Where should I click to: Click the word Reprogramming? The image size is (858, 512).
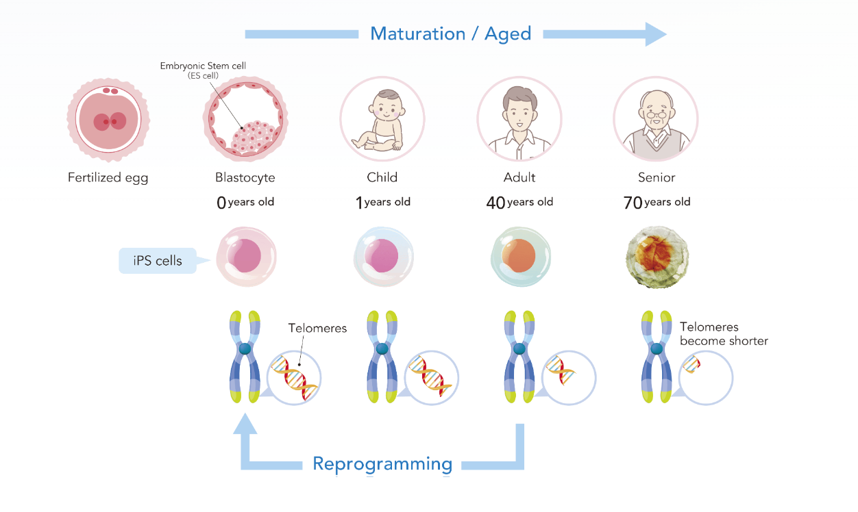click(x=382, y=464)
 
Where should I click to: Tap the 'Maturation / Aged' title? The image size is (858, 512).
click(x=450, y=34)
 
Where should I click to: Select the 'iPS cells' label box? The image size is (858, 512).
click(x=158, y=260)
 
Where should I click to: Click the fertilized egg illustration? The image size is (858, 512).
click(x=108, y=120)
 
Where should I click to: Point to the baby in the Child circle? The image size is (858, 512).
click(x=380, y=120)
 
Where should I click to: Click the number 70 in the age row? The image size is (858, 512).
click(x=633, y=203)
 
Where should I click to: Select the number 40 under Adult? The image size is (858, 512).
click(x=495, y=203)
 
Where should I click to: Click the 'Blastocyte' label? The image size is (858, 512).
click(x=245, y=177)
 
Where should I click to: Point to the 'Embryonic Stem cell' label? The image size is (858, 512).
click(x=203, y=66)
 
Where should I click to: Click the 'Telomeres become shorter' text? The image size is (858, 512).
click(x=724, y=334)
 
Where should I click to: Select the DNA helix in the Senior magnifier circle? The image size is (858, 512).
click(x=692, y=364)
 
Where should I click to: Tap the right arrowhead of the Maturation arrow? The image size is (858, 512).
click(x=654, y=34)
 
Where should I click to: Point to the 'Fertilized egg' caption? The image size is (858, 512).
click(x=108, y=178)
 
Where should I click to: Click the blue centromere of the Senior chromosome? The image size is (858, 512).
click(x=657, y=349)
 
